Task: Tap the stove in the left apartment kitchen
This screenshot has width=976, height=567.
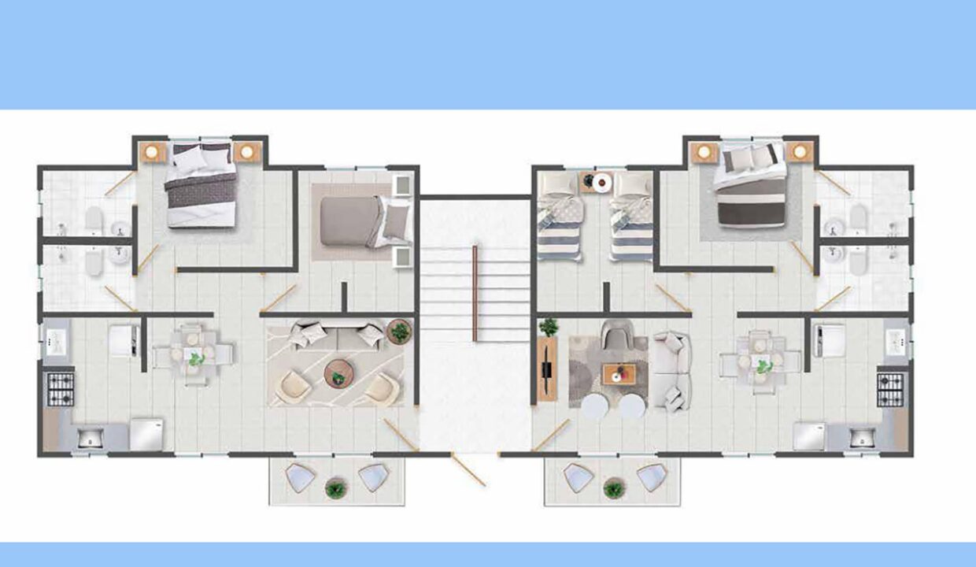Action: pyautogui.click(x=61, y=388)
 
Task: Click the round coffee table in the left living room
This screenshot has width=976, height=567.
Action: pyautogui.click(x=339, y=372)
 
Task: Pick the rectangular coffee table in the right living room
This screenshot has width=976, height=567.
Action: pyautogui.click(x=619, y=373)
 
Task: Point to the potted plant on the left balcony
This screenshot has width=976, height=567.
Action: pyautogui.click(x=336, y=489)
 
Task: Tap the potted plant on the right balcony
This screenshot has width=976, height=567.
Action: pyautogui.click(x=612, y=489)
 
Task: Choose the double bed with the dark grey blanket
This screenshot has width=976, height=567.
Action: pyautogui.click(x=201, y=185)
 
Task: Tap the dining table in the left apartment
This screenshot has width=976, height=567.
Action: pyautogui.click(x=194, y=355)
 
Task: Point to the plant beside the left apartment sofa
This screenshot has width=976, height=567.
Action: pyautogui.click(x=399, y=332)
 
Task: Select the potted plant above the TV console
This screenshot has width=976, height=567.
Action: pyautogui.click(x=548, y=327)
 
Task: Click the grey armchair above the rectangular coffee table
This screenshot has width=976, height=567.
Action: pyautogui.click(x=616, y=338)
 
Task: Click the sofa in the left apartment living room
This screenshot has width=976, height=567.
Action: pyautogui.click(x=336, y=335)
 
